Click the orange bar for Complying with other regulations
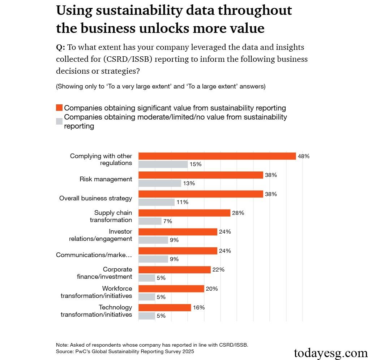[x=217, y=156]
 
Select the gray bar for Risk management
[x=159, y=183]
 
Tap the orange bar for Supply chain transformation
[x=184, y=213]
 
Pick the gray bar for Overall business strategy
[x=156, y=202]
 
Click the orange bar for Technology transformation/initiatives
[x=164, y=308]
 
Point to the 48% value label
[x=304, y=156]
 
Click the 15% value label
[x=195, y=164]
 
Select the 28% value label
[x=238, y=213]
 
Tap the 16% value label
[x=198, y=308]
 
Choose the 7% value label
[x=167, y=221]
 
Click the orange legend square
[x=59, y=108]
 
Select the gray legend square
[x=59, y=121]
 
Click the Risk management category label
[x=106, y=179]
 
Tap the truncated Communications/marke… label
[x=94, y=255]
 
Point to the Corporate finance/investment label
[x=104, y=273]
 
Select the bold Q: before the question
[x=60, y=47]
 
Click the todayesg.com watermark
[x=330, y=352]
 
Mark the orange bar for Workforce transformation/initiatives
[x=171, y=289]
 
